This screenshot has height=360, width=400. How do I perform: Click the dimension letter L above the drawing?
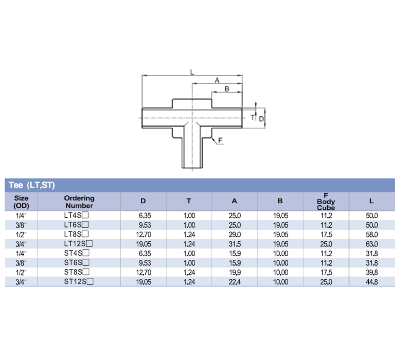pos(191,72)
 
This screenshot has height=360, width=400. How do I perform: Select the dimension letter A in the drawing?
pos(217,80)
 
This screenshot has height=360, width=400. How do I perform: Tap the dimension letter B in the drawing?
pos(227,89)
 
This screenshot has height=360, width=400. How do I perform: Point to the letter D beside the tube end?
pos(262,118)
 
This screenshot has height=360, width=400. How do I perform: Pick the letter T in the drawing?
pos(252,117)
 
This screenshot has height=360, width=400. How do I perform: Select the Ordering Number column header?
pos(79,201)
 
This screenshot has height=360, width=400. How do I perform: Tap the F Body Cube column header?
pos(326,201)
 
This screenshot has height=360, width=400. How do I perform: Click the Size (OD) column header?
pos(21,201)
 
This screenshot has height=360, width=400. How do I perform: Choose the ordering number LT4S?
pos(75,215)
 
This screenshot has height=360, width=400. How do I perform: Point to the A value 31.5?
pos(234,244)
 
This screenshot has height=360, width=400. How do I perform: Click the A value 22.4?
pos(234,282)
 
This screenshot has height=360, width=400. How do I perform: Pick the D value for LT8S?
pos(143,234)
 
